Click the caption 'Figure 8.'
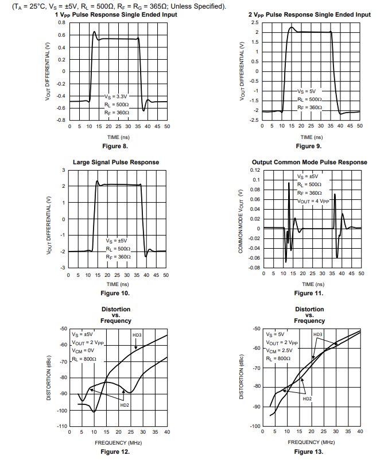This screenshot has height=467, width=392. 115,146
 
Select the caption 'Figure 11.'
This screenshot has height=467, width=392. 309,293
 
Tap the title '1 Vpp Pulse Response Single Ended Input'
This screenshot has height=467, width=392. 115,14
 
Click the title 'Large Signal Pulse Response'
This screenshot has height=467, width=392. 116,162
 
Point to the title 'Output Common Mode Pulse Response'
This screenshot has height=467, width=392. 309,162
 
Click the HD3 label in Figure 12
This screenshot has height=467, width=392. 137,335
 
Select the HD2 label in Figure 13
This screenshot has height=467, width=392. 307,398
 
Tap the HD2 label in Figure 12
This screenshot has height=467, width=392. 125,405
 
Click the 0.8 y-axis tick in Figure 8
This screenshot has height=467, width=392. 61,22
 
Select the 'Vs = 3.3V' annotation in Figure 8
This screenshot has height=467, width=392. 117,97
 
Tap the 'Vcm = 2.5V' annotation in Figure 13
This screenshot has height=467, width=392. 280,350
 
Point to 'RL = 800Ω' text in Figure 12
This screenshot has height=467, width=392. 84,358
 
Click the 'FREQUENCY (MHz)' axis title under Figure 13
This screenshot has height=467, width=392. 311,442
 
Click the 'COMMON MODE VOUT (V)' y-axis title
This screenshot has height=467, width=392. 242,219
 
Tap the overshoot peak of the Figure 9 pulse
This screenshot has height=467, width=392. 292,27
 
